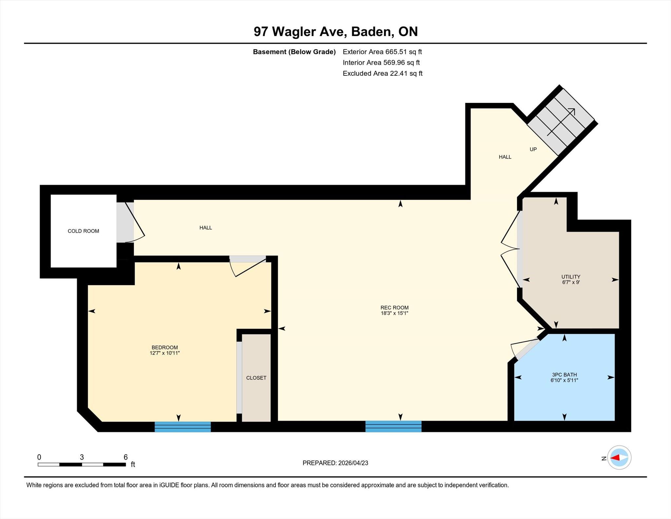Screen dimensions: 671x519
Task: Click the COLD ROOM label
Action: click(x=83, y=231)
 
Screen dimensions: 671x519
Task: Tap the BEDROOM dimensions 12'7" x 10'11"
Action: click(x=165, y=353)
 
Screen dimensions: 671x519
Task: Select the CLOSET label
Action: click(x=256, y=378)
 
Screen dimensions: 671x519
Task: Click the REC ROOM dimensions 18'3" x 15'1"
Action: click(x=394, y=313)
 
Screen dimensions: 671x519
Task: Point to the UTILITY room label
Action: click(x=571, y=276)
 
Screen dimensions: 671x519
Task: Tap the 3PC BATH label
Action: click(x=564, y=374)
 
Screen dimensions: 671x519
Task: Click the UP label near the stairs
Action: click(x=533, y=149)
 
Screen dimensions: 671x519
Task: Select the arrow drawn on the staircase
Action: click(x=561, y=122)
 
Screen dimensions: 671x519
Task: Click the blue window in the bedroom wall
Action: click(x=182, y=427)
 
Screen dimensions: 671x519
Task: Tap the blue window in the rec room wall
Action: click(x=393, y=426)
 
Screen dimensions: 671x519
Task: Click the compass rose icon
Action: click(x=619, y=457)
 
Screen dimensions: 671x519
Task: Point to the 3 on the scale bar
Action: click(x=82, y=457)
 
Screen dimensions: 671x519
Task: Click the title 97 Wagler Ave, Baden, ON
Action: click(x=335, y=31)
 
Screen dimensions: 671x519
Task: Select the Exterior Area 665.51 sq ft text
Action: click(x=382, y=52)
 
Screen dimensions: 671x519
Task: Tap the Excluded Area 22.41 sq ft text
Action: click(x=382, y=73)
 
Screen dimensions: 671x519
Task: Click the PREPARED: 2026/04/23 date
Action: click(x=335, y=463)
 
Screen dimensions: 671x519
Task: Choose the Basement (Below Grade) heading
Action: click(x=294, y=52)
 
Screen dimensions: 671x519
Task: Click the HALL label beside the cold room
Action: click(x=206, y=228)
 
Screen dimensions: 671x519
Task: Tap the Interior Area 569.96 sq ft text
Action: click(x=381, y=63)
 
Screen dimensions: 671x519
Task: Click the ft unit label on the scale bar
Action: click(x=133, y=464)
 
